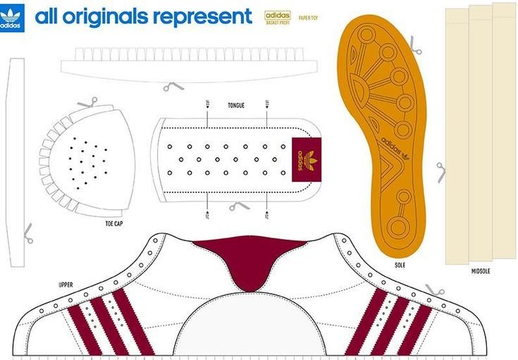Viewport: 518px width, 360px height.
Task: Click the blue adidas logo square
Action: (x=12, y=18)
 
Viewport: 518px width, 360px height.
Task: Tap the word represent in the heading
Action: (x=204, y=17)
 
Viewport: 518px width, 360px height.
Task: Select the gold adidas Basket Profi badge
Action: (x=278, y=17)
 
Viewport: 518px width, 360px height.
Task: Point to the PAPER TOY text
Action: (x=308, y=17)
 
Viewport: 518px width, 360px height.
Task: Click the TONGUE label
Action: (x=236, y=105)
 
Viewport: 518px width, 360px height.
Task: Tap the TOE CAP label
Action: (x=114, y=223)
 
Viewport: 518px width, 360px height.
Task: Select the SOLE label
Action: (x=400, y=265)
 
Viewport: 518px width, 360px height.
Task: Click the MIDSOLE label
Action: (x=481, y=271)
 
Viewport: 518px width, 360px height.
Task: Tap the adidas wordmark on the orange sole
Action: (x=392, y=148)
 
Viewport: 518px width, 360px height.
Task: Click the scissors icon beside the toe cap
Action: (x=87, y=103)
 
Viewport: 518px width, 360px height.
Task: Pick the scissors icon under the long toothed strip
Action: (x=173, y=87)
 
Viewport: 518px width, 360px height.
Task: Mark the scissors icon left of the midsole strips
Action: (x=440, y=171)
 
